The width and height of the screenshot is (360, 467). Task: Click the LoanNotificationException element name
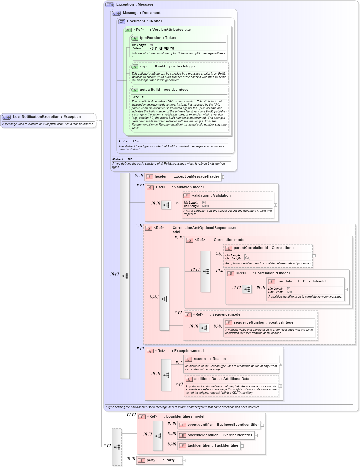pos(36,117)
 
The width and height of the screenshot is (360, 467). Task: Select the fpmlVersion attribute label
pos(150,38)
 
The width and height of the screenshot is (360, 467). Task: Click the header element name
pos(161,177)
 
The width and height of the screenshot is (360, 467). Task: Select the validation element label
pos(200,196)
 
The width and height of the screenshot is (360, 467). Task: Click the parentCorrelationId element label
pos(250,248)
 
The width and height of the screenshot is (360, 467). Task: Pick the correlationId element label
pos(287,281)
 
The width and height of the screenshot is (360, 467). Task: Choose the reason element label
pos(199,359)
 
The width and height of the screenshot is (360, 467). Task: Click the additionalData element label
pos(207,379)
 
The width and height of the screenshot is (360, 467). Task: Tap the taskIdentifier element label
pos(199,446)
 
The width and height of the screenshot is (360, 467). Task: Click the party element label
pos(151,460)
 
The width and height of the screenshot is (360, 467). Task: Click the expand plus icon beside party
pos(184,461)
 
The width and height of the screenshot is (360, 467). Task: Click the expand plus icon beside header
pos(223,177)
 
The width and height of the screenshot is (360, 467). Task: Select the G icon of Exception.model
pos(150,351)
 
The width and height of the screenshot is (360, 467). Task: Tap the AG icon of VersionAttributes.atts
pos(128,30)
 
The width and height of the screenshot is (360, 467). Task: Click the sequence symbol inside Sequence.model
pos(204,328)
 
